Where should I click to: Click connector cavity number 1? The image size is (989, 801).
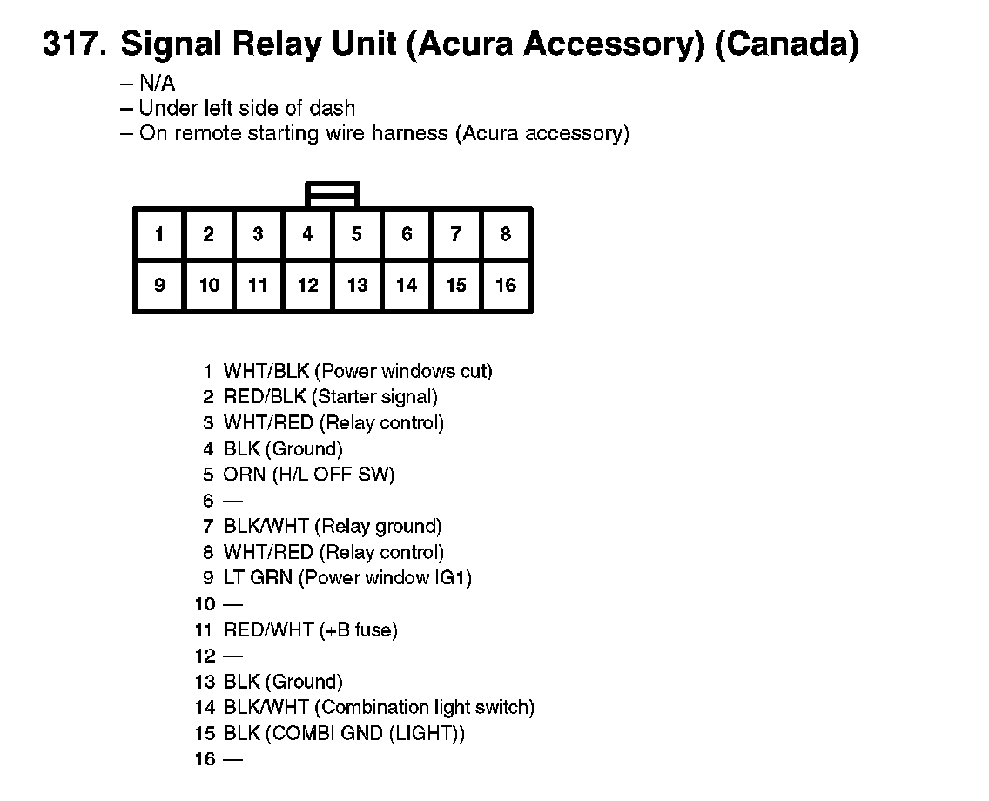click(159, 234)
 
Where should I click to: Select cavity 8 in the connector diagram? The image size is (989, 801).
click(506, 234)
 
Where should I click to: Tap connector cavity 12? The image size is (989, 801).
click(308, 285)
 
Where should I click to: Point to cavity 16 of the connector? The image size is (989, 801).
click(506, 285)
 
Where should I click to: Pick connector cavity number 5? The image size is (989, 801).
click(357, 234)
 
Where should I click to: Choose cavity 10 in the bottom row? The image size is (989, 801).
click(209, 285)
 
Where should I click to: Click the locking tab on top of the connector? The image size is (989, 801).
click(332, 194)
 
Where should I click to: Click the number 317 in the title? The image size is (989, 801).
click(73, 44)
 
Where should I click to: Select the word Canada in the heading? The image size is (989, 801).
click(786, 44)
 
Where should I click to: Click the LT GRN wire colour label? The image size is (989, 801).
click(258, 578)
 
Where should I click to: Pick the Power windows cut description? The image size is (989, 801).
click(402, 372)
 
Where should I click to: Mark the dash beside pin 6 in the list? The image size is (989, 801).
click(232, 501)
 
